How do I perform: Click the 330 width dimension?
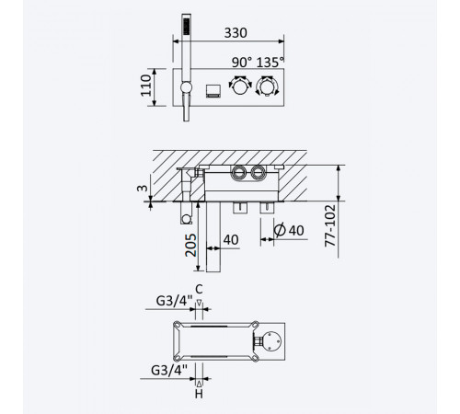tap(236, 33)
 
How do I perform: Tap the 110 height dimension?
tap(146, 86)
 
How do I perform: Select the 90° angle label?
tap(242, 63)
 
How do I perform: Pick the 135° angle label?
tap(270, 63)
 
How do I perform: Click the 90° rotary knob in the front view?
tap(240, 85)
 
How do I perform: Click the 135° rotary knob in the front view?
tap(267, 86)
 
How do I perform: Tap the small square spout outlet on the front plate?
tap(213, 91)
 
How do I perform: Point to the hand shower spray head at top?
tap(186, 26)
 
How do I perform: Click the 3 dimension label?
tap(143, 188)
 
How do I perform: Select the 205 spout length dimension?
tap(190, 245)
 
